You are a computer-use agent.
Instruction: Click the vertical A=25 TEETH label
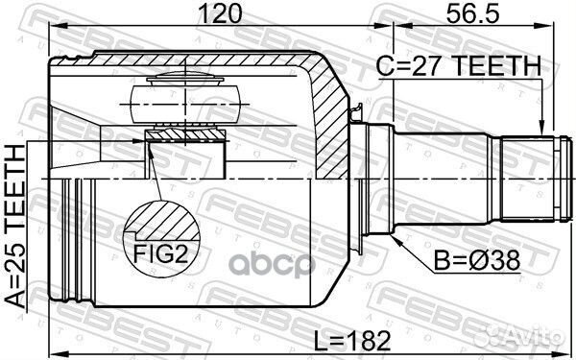click(16, 222)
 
